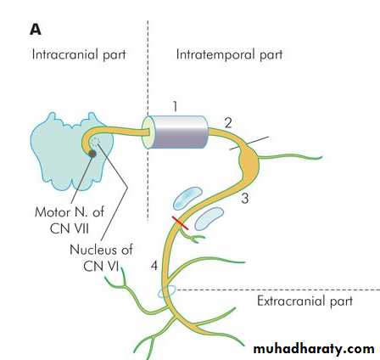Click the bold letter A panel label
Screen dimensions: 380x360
click(36, 30)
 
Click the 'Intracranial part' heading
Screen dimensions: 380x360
click(79, 54)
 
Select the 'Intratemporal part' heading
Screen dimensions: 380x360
click(229, 54)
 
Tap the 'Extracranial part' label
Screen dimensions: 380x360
click(305, 301)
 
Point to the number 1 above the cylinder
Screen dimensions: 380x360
click(176, 107)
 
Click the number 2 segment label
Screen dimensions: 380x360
click(228, 123)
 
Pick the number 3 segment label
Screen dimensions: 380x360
click(245, 199)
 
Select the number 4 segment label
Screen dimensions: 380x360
click(154, 266)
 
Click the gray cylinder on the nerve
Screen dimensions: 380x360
click(176, 132)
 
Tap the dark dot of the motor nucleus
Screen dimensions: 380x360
click(92, 154)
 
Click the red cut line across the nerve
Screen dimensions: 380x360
click(181, 223)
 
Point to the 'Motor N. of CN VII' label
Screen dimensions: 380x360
click(70, 220)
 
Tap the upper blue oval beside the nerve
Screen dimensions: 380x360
click(187, 198)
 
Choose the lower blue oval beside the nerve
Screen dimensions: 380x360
click(210, 218)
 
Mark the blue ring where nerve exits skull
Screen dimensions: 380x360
click(167, 291)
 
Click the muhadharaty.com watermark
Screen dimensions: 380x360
click(314, 349)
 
